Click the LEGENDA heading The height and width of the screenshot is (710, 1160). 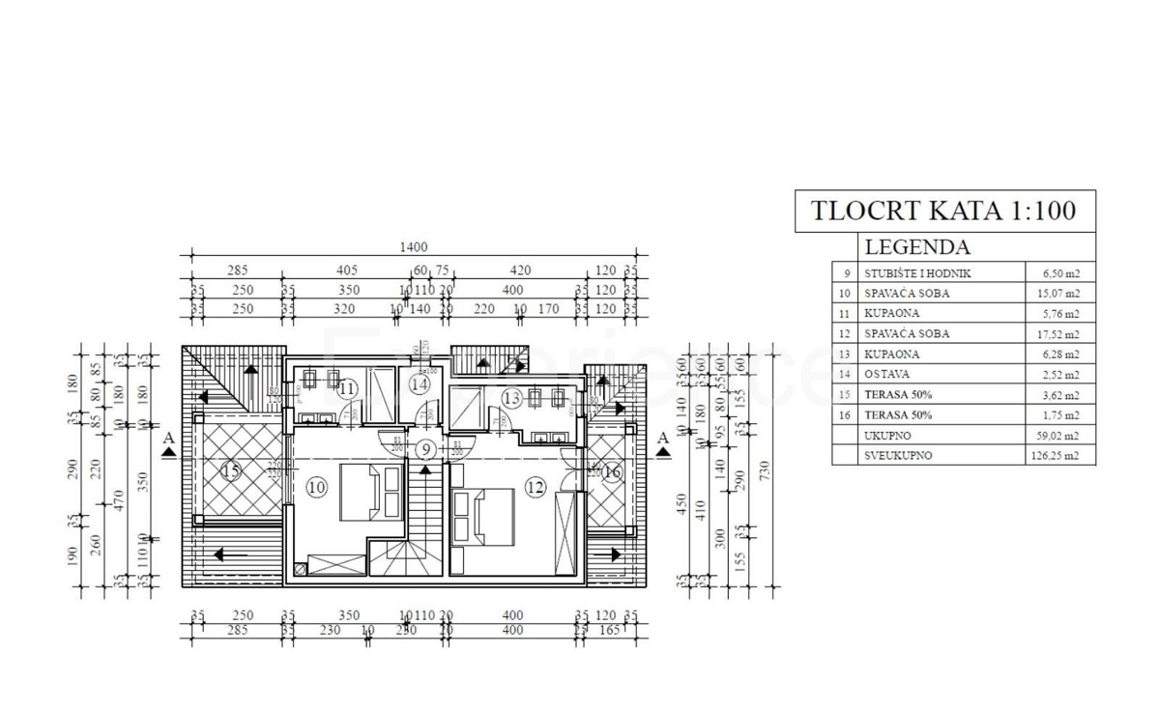[917, 247]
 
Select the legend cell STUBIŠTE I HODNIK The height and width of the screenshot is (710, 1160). [918, 273]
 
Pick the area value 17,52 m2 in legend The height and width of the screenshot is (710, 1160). [1060, 334]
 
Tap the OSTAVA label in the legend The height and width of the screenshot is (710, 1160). [886, 375]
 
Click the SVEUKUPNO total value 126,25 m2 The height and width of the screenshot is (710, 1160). [1059, 456]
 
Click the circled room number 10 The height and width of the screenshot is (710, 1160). [317, 487]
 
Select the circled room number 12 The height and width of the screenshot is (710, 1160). [535, 487]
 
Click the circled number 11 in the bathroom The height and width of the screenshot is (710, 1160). [348, 388]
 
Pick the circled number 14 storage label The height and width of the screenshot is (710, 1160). [419, 384]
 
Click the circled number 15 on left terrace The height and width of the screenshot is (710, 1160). [230, 471]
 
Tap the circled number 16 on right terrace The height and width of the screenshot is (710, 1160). [611, 472]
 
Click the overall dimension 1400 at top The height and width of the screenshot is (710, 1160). [414, 248]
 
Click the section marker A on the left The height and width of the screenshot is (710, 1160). [168, 440]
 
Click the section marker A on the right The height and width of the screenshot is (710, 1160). [662, 440]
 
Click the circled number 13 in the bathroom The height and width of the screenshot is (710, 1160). [511, 398]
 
